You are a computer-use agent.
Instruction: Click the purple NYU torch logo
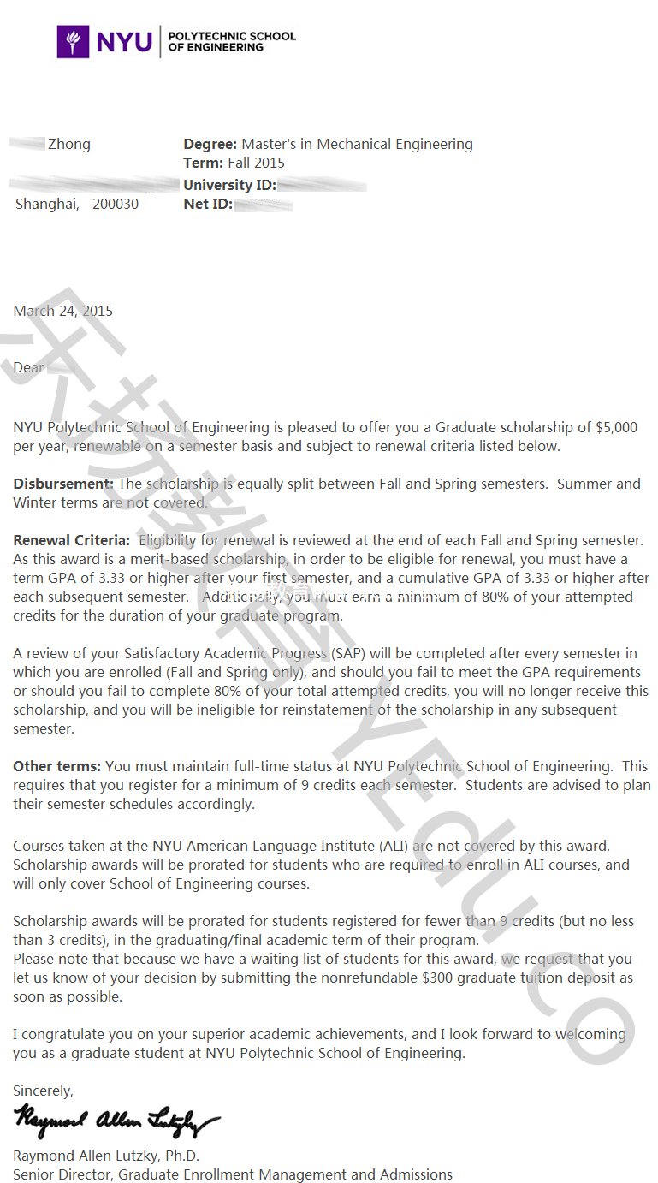(73, 41)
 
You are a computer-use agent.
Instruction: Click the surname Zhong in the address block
(69, 144)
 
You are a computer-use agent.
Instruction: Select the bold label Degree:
(210, 144)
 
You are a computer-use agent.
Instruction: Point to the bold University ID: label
(229, 185)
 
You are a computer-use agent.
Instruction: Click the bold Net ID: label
(208, 205)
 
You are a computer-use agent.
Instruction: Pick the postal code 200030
(115, 205)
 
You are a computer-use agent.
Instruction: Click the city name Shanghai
(47, 205)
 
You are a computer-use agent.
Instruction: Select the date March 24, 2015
(62, 311)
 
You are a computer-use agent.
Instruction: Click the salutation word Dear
(28, 367)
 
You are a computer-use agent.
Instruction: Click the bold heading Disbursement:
(63, 484)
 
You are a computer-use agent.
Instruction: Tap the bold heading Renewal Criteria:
(72, 540)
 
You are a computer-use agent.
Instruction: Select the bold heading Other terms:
(56, 766)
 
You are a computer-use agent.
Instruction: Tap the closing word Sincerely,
(44, 1091)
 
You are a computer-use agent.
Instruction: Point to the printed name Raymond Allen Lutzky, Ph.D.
(106, 1156)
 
